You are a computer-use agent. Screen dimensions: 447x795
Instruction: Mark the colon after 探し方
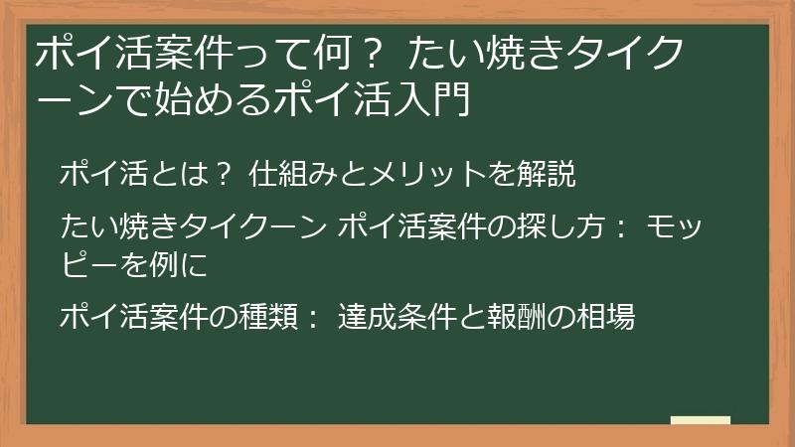618,229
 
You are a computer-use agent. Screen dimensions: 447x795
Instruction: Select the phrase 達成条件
389,318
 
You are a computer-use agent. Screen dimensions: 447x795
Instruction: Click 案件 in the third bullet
180,318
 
